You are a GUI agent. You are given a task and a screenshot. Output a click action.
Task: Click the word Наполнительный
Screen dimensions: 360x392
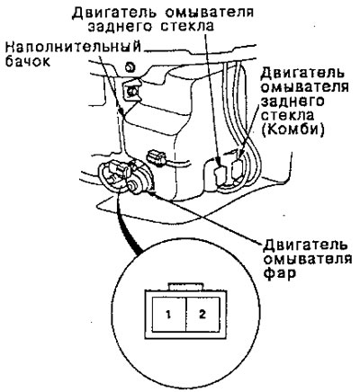click(74, 48)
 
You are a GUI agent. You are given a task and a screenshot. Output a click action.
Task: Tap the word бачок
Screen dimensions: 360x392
click(28, 62)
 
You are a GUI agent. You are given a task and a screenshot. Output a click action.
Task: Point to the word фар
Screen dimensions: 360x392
click(279, 274)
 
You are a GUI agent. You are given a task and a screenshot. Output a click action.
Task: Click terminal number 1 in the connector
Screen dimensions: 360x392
click(168, 315)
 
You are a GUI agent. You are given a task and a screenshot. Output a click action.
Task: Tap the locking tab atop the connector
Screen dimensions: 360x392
click(186, 287)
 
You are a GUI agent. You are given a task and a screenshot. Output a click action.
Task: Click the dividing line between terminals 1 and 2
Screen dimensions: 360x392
click(186, 315)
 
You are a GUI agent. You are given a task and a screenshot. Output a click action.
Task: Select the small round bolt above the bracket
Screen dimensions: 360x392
click(130, 67)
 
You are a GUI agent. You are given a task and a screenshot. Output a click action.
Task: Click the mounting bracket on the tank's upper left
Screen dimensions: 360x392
click(130, 91)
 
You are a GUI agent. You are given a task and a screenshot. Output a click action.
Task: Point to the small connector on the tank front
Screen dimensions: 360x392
click(157, 157)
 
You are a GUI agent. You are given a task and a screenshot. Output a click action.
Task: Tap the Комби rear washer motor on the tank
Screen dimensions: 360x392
click(238, 169)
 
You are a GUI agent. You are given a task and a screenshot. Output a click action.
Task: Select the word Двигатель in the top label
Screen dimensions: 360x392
click(114, 12)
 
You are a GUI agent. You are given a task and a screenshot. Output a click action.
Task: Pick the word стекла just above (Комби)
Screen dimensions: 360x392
click(287, 115)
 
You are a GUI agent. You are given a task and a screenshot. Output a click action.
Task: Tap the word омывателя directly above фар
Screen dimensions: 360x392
click(307, 259)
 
